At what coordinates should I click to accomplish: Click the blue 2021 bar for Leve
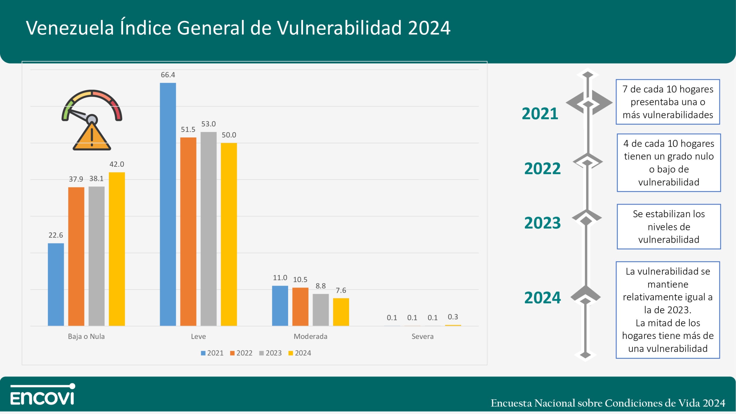(x=168, y=204)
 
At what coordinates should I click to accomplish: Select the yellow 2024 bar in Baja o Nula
(x=117, y=249)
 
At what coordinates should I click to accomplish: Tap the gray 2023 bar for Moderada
(x=321, y=310)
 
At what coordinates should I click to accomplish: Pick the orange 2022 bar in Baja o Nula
(x=76, y=256)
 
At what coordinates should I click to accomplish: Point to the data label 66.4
(x=168, y=75)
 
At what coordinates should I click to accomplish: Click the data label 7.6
(x=341, y=290)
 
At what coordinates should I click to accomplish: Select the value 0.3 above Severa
(x=453, y=317)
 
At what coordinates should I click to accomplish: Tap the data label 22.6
(x=55, y=235)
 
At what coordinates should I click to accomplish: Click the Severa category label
(x=422, y=336)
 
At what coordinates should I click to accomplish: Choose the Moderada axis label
(x=310, y=336)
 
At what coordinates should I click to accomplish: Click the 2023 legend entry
(x=270, y=353)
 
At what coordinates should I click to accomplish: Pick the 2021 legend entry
(x=212, y=353)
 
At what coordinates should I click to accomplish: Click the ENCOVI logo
(x=43, y=394)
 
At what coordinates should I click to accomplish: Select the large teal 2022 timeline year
(x=542, y=168)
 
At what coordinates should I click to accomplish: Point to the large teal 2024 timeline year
(x=542, y=298)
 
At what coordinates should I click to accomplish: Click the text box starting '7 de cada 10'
(x=668, y=102)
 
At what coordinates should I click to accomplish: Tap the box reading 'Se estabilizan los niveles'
(x=668, y=227)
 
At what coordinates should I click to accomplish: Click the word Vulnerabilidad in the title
(x=339, y=28)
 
